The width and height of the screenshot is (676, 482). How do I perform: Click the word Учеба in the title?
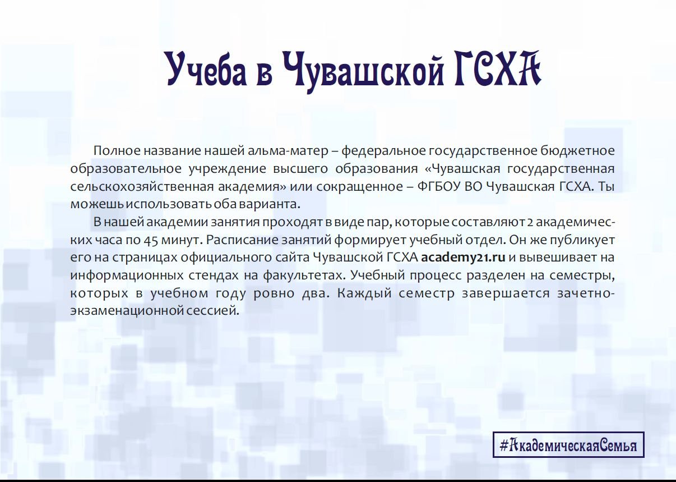pos(207,68)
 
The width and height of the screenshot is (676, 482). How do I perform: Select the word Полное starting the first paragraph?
pos(117,150)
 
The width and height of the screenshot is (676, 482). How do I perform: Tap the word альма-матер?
pos(288,151)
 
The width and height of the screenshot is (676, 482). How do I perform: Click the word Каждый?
pos(364,293)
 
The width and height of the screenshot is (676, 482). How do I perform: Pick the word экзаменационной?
pos(127,311)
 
